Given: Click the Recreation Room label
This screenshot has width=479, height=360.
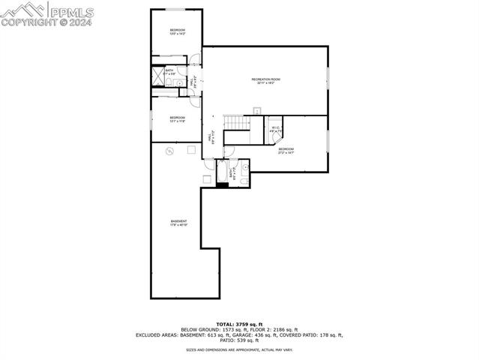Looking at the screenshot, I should [x=265, y=81].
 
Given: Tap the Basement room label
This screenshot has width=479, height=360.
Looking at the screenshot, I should [x=178, y=223].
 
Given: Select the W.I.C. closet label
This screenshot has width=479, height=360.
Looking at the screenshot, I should [x=275, y=129].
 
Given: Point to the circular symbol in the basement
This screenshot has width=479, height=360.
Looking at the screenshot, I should [x=170, y=151].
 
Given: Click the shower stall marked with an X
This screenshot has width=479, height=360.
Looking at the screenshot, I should [x=159, y=73].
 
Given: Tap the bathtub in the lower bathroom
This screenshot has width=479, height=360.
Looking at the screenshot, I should [x=223, y=172].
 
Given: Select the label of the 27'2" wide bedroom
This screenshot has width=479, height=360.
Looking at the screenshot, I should [x=286, y=151].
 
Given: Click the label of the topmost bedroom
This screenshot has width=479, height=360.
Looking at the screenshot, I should [x=177, y=31].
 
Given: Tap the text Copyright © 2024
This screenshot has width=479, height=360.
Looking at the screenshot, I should [x=46, y=22].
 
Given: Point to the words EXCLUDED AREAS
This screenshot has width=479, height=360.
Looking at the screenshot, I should [x=157, y=334].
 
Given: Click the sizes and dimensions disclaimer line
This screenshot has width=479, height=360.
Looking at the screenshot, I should [x=239, y=349].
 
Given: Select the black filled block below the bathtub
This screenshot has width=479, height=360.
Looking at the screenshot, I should [x=223, y=184].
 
